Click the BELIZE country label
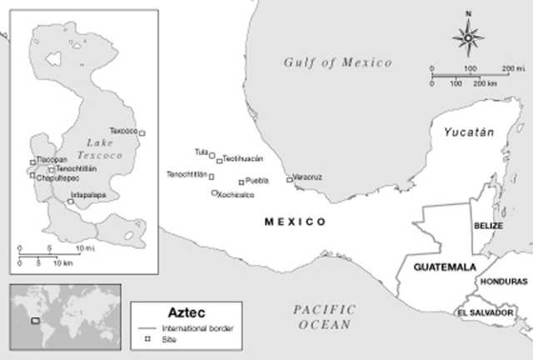click(488, 225)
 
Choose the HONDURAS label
click(505, 282)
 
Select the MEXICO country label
click(294, 222)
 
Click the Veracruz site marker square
click(289, 179)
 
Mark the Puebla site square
click(241, 182)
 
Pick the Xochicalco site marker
click(215, 193)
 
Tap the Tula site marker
click(212, 154)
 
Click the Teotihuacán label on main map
click(243, 158)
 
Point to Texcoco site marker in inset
click(142, 132)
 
